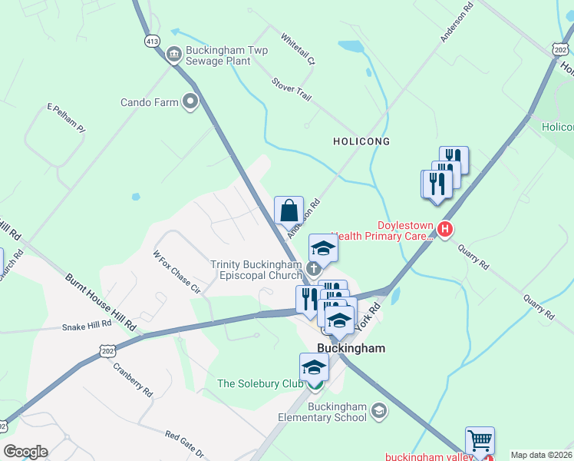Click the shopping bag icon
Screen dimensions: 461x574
coord(289,210)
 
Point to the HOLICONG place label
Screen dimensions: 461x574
coord(361,141)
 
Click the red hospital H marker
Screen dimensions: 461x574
coord(444,229)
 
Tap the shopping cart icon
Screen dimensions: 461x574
coord(480,441)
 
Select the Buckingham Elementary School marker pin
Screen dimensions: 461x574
coord(378,411)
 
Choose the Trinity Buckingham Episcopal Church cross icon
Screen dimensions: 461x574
coord(313,268)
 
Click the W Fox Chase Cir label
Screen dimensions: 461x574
coord(176,272)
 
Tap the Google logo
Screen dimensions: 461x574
coord(25,452)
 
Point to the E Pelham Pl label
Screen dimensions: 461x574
coord(65,119)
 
